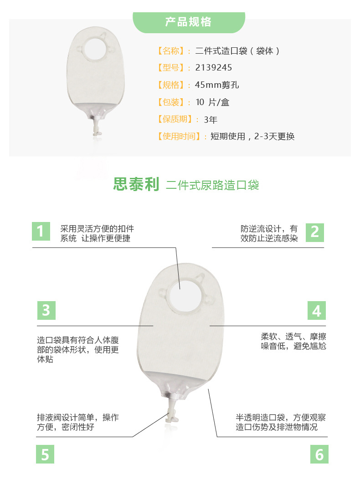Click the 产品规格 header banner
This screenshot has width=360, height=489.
point(188,22)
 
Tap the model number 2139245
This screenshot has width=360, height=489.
point(213,68)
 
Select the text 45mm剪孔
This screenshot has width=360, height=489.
point(217,85)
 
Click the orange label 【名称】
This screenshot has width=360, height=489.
point(171,50)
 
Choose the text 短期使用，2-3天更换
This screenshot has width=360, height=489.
point(252,136)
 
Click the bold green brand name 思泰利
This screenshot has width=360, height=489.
point(136,185)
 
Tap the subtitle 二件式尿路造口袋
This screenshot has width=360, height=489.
point(212,185)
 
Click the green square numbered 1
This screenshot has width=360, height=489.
point(41,232)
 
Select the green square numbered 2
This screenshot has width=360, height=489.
point(314,232)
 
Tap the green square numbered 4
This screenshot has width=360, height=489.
point(317,311)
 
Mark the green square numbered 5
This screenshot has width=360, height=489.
point(45,454)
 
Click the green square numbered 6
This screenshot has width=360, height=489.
point(319,454)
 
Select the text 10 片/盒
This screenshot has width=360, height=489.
point(212,102)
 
